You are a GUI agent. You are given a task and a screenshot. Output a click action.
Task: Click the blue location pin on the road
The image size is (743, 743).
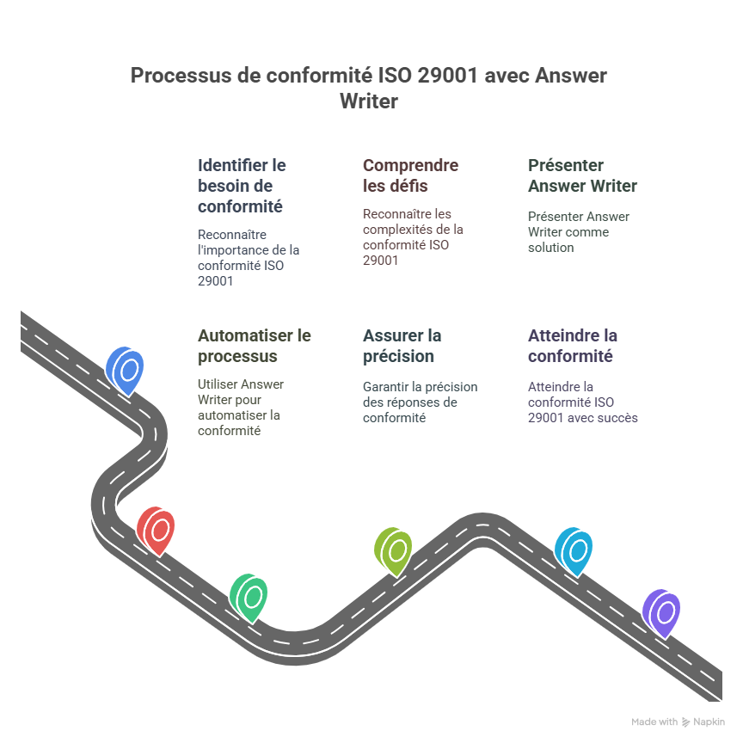[126, 370]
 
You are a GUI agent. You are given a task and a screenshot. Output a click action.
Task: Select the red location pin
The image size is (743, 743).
[157, 530]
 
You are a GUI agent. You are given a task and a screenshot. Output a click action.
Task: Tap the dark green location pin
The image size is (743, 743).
[249, 596]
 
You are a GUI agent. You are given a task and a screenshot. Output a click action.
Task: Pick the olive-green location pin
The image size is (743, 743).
[394, 550]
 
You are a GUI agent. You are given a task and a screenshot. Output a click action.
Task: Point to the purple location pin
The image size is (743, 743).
[662, 611]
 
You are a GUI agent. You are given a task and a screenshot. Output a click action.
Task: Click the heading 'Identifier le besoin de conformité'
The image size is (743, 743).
[242, 186]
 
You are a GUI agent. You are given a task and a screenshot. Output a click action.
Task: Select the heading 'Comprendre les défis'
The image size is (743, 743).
[410, 175]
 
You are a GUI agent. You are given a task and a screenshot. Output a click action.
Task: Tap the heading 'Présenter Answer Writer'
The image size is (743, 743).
[582, 175]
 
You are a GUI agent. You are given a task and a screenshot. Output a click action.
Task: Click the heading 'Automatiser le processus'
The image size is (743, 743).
[254, 346]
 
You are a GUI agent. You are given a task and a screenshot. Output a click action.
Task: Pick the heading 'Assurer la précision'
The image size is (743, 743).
[402, 346]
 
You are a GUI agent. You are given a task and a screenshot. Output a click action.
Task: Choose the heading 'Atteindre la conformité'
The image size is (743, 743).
[573, 346]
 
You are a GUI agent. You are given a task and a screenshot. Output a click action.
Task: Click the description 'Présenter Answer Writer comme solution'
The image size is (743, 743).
[578, 232]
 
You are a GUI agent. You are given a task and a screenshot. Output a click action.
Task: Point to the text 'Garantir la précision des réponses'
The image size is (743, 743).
[420, 402]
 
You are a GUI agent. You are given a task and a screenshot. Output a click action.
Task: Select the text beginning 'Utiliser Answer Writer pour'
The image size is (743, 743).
[241, 408]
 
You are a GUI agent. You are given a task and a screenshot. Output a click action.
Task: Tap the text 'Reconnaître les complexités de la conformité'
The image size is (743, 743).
[413, 237]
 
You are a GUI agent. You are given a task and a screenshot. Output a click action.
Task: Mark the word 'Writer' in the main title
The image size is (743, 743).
[369, 101]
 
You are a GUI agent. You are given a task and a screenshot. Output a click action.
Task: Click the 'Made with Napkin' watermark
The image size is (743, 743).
[678, 722]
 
